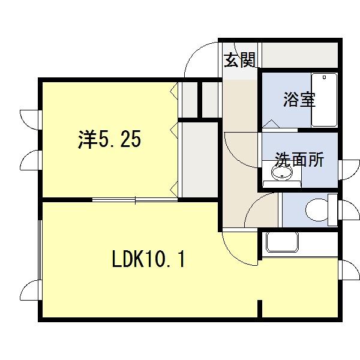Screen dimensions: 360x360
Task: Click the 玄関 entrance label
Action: coord(240,60)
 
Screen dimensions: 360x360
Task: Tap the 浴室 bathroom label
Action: coord(299,100)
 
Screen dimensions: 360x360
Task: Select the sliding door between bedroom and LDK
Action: coord(135,199)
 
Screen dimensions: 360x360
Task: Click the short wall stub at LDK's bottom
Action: coord(260,309)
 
